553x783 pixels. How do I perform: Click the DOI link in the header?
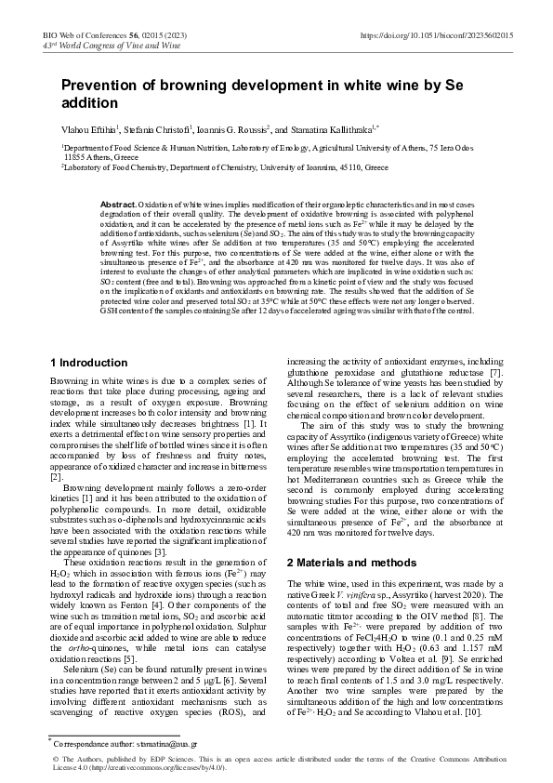[436, 33]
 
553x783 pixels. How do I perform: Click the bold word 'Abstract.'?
[118, 203]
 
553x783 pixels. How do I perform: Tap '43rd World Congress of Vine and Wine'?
[104, 45]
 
